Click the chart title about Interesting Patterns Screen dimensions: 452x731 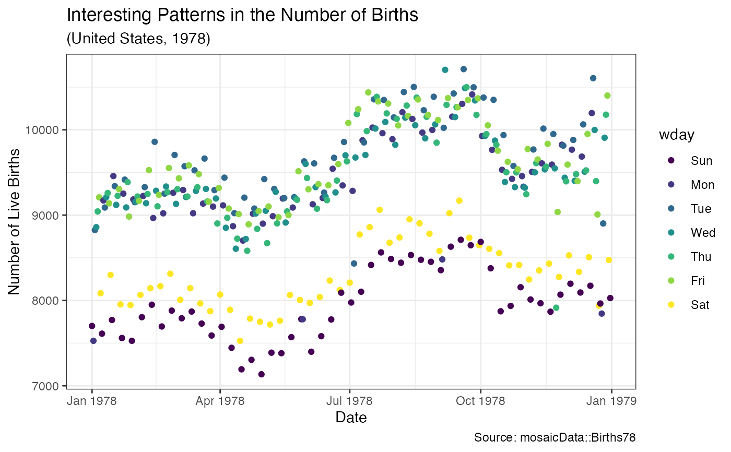pos(242,15)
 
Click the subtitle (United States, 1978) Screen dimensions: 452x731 pos(138,39)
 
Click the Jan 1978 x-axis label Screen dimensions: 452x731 pos(92,401)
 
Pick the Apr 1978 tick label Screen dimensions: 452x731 pos(220,401)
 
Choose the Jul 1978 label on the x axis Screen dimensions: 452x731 pos(349,401)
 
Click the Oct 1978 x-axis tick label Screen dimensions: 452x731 pos(480,401)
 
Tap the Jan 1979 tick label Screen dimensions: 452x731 pos(611,401)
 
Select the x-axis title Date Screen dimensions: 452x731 pos(351,418)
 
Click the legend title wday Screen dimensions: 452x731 pos(677,135)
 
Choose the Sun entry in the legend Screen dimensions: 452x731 pos(701,161)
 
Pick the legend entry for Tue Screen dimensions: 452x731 pos(701,209)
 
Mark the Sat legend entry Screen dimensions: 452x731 pos(700,305)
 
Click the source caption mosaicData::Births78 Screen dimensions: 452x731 pos(555,437)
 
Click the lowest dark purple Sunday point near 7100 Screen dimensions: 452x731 pos(261,374)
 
